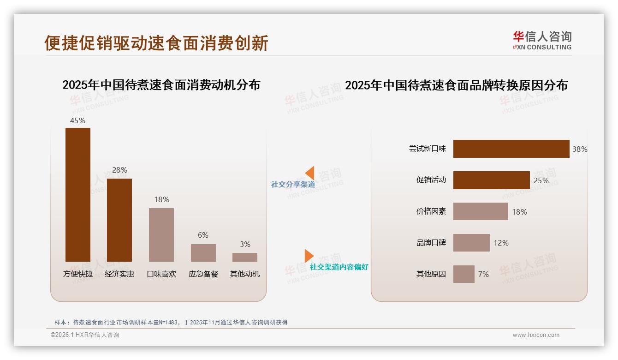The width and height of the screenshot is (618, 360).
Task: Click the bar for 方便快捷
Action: (78, 194)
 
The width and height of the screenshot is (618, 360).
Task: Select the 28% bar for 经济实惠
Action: (119, 220)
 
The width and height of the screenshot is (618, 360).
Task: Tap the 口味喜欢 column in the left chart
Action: (161, 234)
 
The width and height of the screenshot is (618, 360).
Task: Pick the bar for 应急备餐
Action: (203, 252)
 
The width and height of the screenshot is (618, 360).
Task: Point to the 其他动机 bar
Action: (245, 257)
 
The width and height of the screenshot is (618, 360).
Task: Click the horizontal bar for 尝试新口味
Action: (511, 149)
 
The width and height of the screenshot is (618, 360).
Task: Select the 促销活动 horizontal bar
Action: (491, 180)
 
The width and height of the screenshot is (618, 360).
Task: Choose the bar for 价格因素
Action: (481, 211)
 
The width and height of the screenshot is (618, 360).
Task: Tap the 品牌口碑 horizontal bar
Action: (471, 243)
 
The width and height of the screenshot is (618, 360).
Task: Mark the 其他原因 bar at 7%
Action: (463, 274)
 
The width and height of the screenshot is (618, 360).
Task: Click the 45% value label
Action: (77, 120)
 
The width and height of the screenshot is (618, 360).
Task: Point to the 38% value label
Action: (580, 149)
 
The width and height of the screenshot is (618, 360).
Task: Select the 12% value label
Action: (501, 243)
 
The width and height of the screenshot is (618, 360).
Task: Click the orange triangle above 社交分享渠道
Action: (310, 173)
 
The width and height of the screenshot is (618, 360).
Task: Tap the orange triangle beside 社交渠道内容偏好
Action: (309, 256)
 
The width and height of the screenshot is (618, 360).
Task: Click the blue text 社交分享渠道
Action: (293, 185)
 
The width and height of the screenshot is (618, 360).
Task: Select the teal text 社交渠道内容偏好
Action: (339, 267)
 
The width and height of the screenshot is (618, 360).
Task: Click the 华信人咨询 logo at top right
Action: (542, 40)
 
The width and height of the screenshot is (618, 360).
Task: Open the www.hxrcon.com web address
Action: (536, 335)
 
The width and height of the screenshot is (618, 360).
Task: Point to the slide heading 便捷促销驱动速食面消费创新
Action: (156, 43)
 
